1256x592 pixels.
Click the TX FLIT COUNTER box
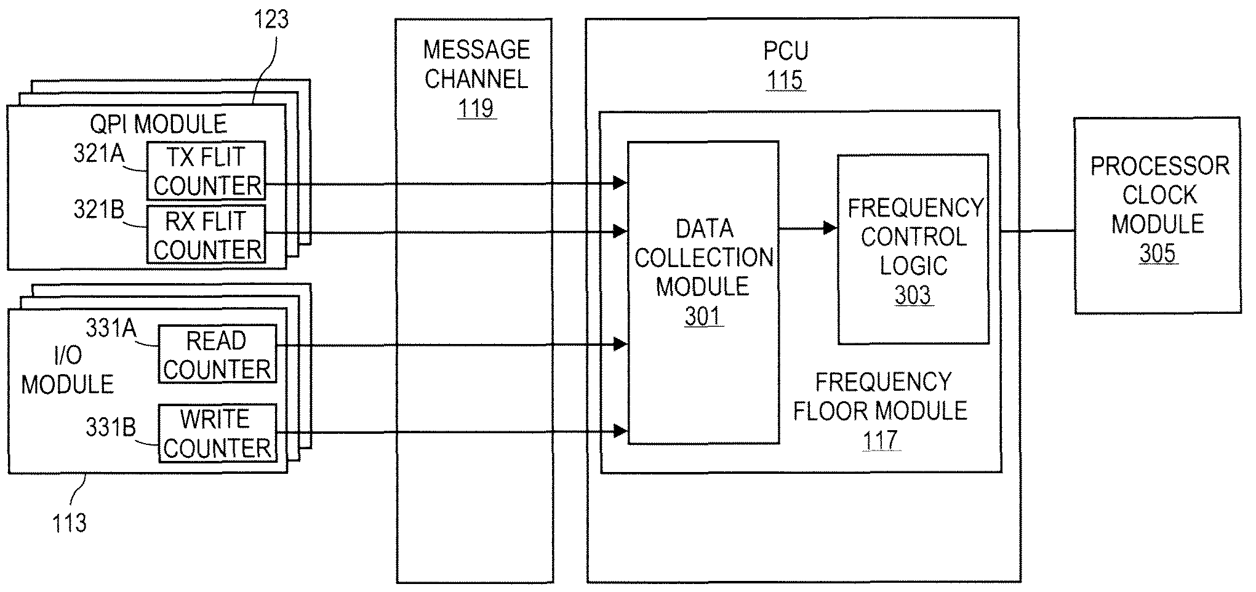pyautogui.click(x=206, y=171)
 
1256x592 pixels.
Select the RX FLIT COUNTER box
pyautogui.click(x=206, y=234)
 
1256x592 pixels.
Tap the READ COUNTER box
pyautogui.click(x=217, y=354)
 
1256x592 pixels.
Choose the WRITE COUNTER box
pyautogui.click(x=217, y=433)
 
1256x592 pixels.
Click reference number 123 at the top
pyautogui.click(x=271, y=20)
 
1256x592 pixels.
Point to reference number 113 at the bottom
pyautogui.click(x=69, y=523)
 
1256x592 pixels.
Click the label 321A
pyautogui.click(x=98, y=154)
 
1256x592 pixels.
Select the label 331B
pyautogui.click(x=111, y=426)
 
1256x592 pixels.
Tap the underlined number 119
pyautogui.click(x=476, y=108)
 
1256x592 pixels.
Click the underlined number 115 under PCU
pyautogui.click(x=785, y=80)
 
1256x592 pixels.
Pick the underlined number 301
pyautogui.click(x=703, y=316)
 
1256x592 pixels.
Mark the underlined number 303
pyautogui.click(x=913, y=295)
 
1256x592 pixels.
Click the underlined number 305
pyautogui.click(x=1157, y=253)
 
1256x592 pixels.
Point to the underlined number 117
pyautogui.click(x=881, y=440)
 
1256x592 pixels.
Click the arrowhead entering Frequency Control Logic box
pyautogui.click(x=831, y=228)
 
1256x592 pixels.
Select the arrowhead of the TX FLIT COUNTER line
pyautogui.click(x=620, y=182)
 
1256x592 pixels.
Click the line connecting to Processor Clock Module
pyautogui.click(x=1038, y=231)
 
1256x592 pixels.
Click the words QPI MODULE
pyautogui.click(x=158, y=124)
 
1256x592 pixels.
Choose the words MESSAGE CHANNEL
pyautogui.click(x=476, y=64)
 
